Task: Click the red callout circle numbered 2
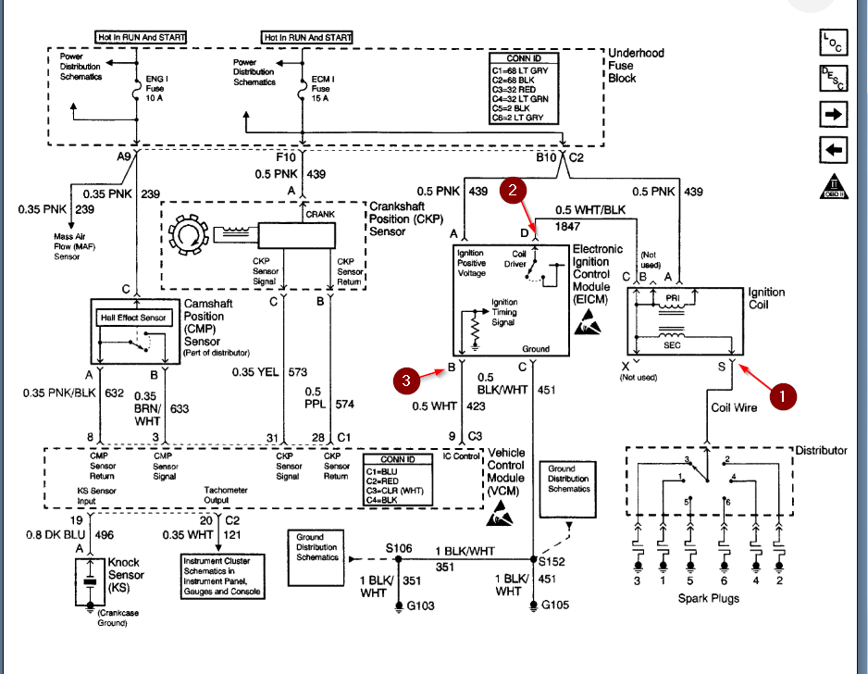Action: pyautogui.click(x=513, y=191)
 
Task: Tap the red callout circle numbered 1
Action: pyautogui.click(x=782, y=396)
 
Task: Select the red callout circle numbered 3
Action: pyautogui.click(x=406, y=381)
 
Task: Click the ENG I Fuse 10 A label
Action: pyautogui.click(x=156, y=89)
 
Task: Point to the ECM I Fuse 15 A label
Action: pyautogui.click(x=322, y=89)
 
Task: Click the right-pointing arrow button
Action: pyautogui.click(x=833, y=115)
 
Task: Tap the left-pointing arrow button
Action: pyautogui.click(x=833, y=150)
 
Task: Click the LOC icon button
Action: pyautogui.click(x=833, y=42)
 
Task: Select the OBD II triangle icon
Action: pyautogui.click(x=834, y=186)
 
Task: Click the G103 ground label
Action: pyautogui.click(x=421, y=605)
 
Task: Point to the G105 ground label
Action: pyautogui.click(x=555, y=605)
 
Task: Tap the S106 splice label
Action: pyautogui.click(x=399, y=548)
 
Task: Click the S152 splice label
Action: pyautogui.click(x=552, y=562)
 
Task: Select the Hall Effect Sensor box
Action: pyautogui.click(x=133, y=318)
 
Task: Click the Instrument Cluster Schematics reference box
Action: pyautogui.click(x=222, y=577)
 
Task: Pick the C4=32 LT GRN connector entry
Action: pyautogui.click(x=520, y=98)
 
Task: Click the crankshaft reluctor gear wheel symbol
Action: pyautogui.click(x=188, y=235)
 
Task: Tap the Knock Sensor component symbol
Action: pyautogui.click(x=90, y=582)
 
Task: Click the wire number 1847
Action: pyautogui.click(x=567, y=227)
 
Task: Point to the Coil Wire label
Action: pyautogui.click(x=734, y=407)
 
